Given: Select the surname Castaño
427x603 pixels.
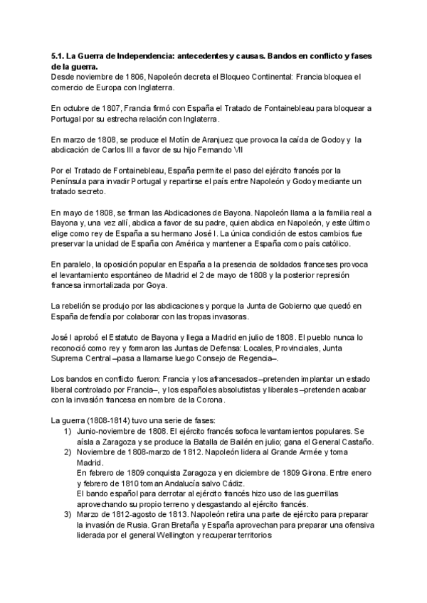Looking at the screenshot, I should pyautogui.click(x=353, y=442).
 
